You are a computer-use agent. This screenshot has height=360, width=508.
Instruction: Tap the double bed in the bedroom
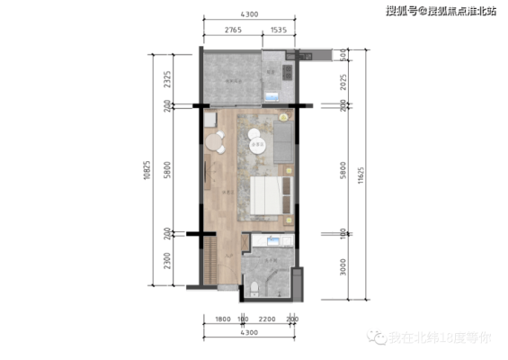pyautogui.click(x=268, y=194)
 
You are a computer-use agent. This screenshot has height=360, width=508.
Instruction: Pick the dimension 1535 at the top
pyautogui.click(x=278, y=30)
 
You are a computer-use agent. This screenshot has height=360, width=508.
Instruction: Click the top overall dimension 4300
pyautogui.click(x=250, y=14)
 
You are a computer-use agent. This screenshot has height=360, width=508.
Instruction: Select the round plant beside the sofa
pyautogui.click(x=284, y=117)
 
